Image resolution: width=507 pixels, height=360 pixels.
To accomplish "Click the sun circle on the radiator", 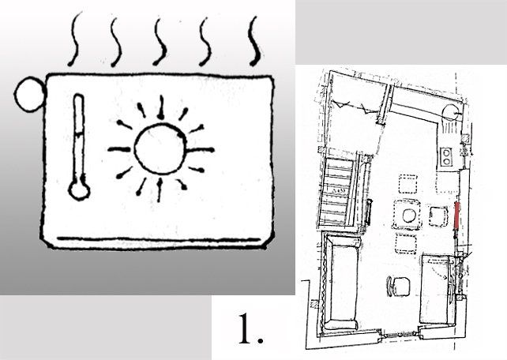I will pyautogui.click(x=160, y=148).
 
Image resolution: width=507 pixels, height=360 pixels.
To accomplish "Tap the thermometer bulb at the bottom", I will pyautogui.click(x=78, y=190).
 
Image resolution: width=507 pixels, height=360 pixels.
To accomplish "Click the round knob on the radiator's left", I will pyautogui.click(x=31, y=96).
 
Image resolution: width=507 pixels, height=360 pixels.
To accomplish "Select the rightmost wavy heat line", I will pyautogui.click(x=254, y=40).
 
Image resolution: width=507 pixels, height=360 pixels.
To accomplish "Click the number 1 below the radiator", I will pyautogui.click(x=249, y=331).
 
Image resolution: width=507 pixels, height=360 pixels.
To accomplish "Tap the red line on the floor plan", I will pyautogui.click(x=458, y=216).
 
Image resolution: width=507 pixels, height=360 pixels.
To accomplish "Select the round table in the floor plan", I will pyautogui.click(x=407, y=214).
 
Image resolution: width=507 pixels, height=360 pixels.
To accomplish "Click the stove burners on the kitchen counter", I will pyautogui.click(x=445, y=156).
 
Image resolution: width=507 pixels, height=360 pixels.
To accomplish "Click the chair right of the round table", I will pyautogui.click(x=437, y=214).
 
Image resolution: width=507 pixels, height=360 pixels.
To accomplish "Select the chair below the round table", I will pyautogui.click(x=407, y=242).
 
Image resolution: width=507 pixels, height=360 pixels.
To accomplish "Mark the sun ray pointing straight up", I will pyautogui.click(x=160, y=105).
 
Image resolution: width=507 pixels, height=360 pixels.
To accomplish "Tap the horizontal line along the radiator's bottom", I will pyautogui.click(x=158, y=238).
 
